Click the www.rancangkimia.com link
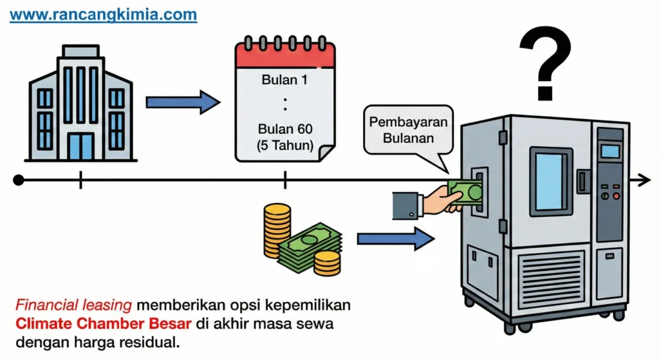click(103, 15)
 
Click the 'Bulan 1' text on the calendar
click(284, 79)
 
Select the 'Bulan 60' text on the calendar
click(285, 129)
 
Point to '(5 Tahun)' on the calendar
click(285, 146)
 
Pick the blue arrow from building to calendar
click(183, 102)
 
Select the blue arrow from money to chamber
click(396, 239)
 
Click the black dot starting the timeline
click(19, 180)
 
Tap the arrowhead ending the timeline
click(644, 180)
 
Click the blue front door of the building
click(80, 146)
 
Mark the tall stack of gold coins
click(277, 231)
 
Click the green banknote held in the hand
click(465, 193)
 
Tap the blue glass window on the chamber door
click(551, 181)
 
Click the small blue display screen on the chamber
click(610, 151)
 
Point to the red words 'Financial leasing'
click(73, 305)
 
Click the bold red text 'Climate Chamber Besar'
click(104, 324)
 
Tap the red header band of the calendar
click(285, 55)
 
